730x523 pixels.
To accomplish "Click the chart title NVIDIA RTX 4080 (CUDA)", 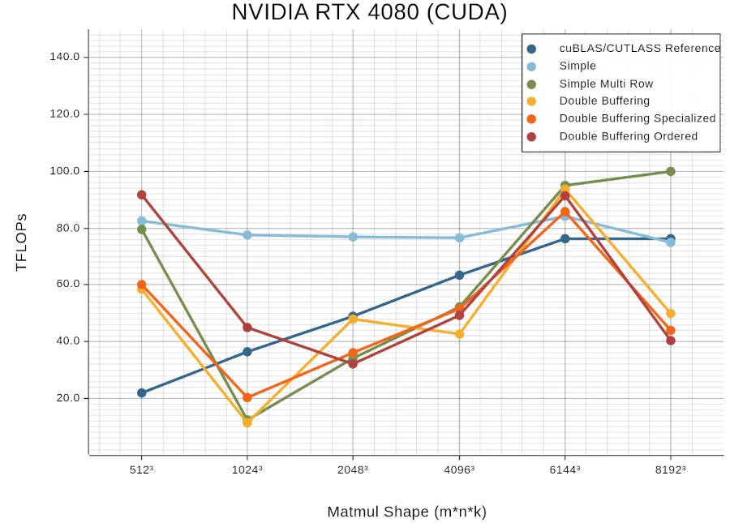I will pyautogui.click(x=369, y=13).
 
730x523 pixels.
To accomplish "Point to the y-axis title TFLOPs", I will pyautogui.click(x=22, y=242).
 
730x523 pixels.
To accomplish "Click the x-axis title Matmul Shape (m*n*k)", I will pyautogui.click(x=406, y=512).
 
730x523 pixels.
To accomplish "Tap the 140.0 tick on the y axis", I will pyautogui.click(x=65, y=57).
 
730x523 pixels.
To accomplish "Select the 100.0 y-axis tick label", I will pyautogui.click(x=65, y=171).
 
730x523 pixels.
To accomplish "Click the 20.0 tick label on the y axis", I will pyautogui.click(x=67, y=398).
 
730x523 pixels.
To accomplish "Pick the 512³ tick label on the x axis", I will pyautogui.click(x=142, y=469).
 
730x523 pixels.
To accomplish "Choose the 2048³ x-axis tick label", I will pyautogui.click(x=352, y=469).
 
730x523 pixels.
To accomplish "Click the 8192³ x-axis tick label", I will pyautogui.click(x=670, y=469).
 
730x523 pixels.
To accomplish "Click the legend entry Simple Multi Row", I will pyautogui.click(x=606, y=84).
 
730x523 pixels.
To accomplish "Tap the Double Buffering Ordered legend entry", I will pyautogui.click(x=628, y=136).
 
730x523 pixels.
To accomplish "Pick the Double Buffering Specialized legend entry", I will pyautogui.click(x=637, y=118).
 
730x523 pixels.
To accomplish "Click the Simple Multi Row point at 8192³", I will pyautogui.click(x=671, y=171).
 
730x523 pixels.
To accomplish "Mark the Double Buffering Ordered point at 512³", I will pyautogui.click(x=142, y=195).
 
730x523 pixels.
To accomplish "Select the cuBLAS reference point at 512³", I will pyautogui.click(x=142, y=392).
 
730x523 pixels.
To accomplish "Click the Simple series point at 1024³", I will pyautogui.click(x=247, y=234).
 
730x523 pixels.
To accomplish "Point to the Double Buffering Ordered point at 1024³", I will pyautogui.click(x=247, y=328).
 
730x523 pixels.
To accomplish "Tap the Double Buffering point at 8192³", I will pyautogui.click(x=671, y=313).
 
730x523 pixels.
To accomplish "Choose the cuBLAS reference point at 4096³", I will pyautogui.click(x=460, y=275).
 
